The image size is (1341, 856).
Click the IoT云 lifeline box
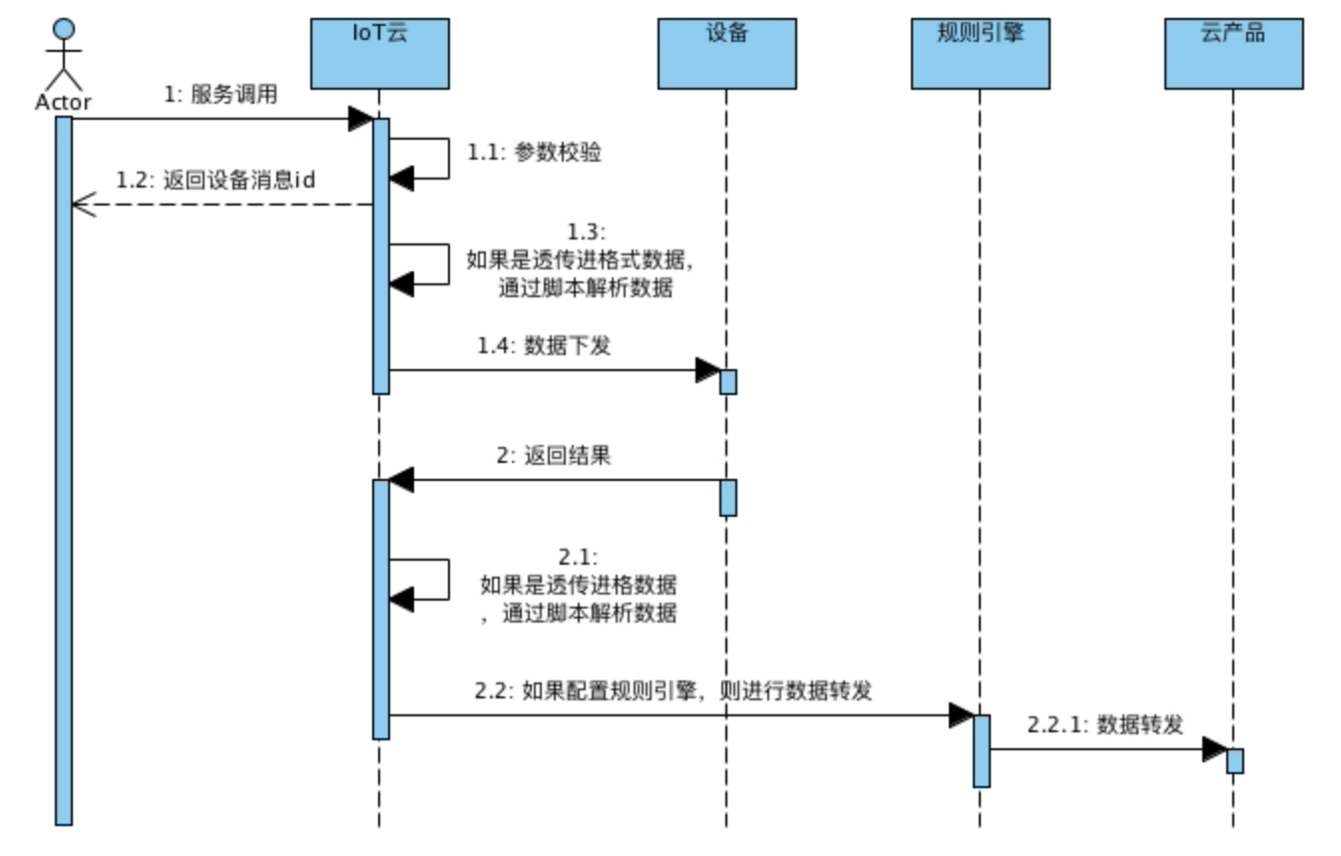[379, 53]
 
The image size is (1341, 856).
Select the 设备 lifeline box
[726, 53]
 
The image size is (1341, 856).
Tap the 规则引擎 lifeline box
[980, 53]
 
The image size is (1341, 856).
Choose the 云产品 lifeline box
[1233, 53]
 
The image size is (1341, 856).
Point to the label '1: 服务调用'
[221, 96]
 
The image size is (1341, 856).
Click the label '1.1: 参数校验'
[535, 154]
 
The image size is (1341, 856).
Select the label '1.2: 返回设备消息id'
[216, 180]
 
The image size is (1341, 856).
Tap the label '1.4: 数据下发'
[544, 348]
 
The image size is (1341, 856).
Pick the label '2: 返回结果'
[554, 456]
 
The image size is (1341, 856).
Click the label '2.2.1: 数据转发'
[1106, 725]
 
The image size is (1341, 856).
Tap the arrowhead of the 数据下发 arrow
[707, 370]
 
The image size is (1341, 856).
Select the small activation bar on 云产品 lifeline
[1235, 760]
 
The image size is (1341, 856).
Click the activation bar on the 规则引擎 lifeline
[982, 750]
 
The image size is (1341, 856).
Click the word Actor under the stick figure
[63, 102]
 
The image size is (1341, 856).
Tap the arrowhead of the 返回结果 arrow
[401, 480]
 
